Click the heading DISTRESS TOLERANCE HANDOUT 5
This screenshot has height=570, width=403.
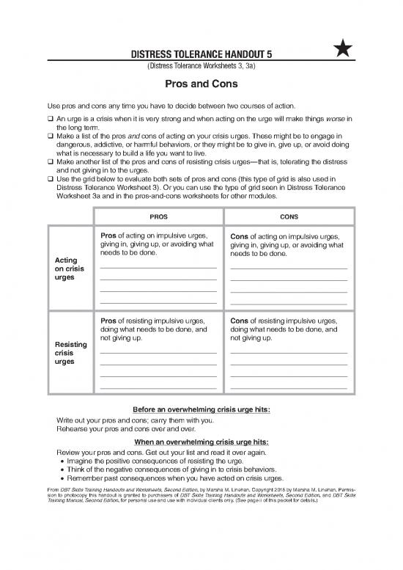[x=201, y=54]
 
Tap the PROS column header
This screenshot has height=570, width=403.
[x=158, y=217]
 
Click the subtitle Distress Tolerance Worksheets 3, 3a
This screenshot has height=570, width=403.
[x=201, y=67]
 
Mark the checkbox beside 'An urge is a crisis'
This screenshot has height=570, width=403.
[x=49, y=119]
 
